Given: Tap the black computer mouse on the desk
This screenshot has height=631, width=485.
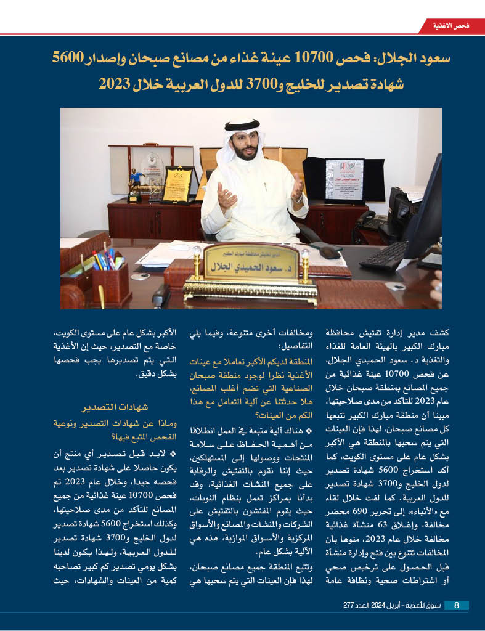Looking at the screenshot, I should coord(330,252).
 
